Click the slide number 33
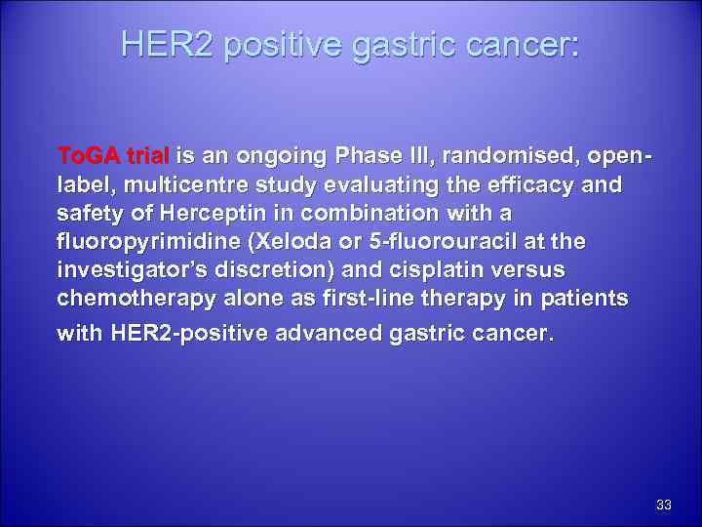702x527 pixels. tap(664, 505)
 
